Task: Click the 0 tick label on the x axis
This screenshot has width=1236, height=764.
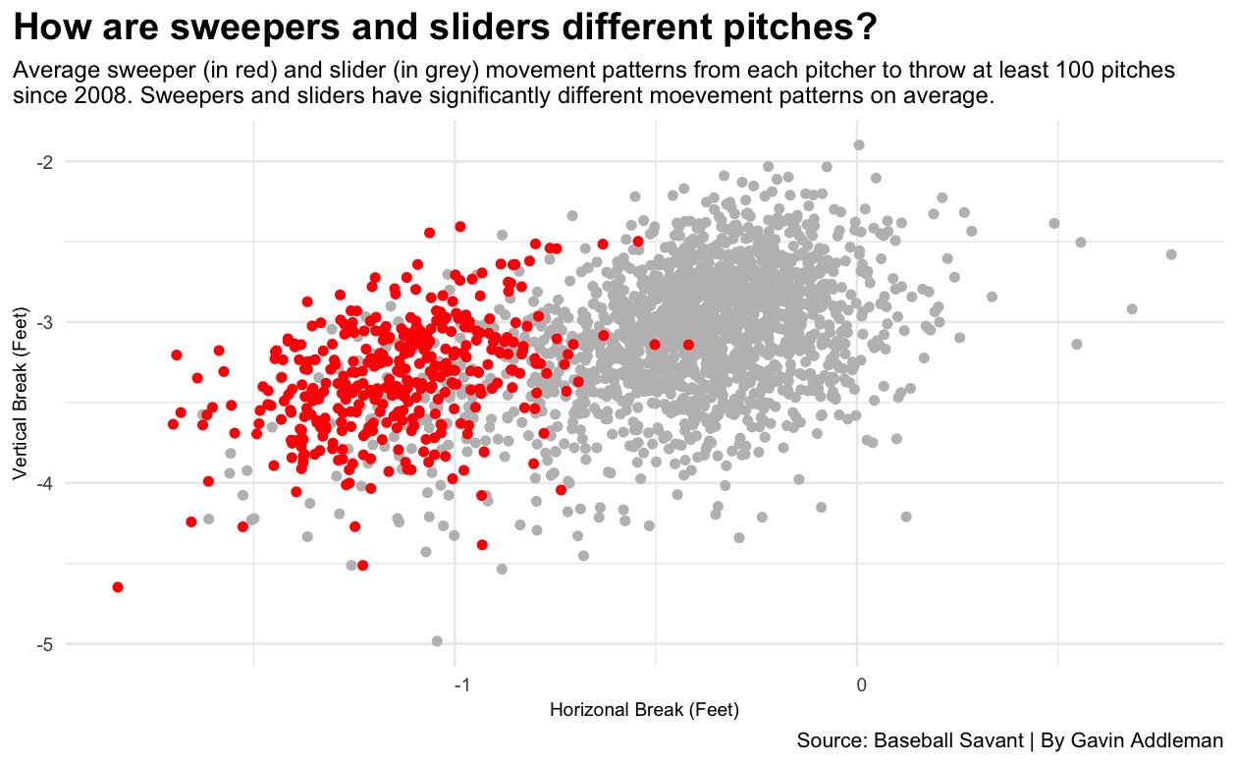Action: pos(861,683)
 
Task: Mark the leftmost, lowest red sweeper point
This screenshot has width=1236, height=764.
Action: pos(118,587)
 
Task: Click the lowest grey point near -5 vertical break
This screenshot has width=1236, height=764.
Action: pos(437,641)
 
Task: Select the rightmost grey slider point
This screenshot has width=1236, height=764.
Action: pos(1171,254)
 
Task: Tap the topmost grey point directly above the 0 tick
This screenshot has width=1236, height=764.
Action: pos(859,144)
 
